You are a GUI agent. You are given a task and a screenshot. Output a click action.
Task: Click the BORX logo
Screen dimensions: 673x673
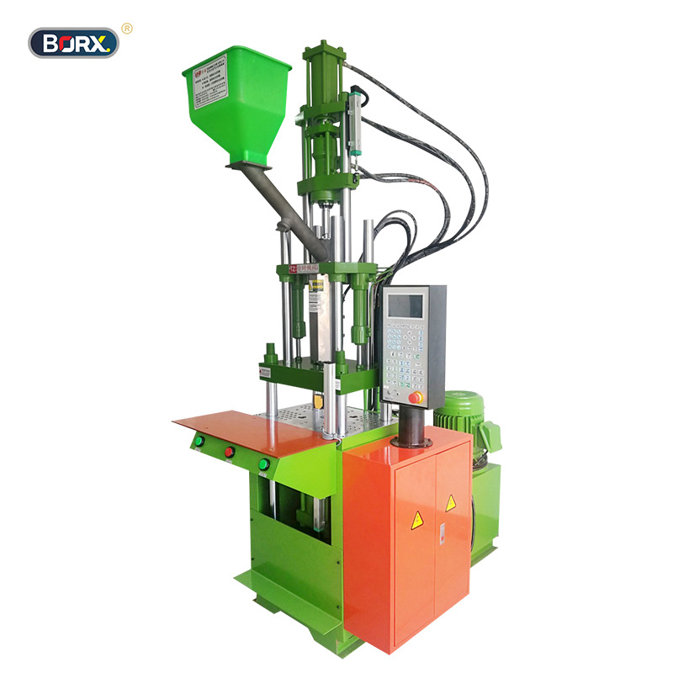[x=74, y=42]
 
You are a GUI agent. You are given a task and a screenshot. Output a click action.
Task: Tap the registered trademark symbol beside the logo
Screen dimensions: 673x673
[x=127, y=29]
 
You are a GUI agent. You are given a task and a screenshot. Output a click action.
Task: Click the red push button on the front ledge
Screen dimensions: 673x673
[x=229, y=452]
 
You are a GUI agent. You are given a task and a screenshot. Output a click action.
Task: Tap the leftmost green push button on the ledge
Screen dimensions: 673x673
[x=199, y=440]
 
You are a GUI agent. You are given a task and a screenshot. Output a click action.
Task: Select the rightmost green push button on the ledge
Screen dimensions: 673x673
[x=264, y=464]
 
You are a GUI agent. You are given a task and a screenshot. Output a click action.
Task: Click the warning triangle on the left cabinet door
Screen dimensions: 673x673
[x=416, y=521]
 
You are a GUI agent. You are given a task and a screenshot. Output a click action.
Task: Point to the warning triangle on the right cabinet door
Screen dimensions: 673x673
[x=451, y=503]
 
